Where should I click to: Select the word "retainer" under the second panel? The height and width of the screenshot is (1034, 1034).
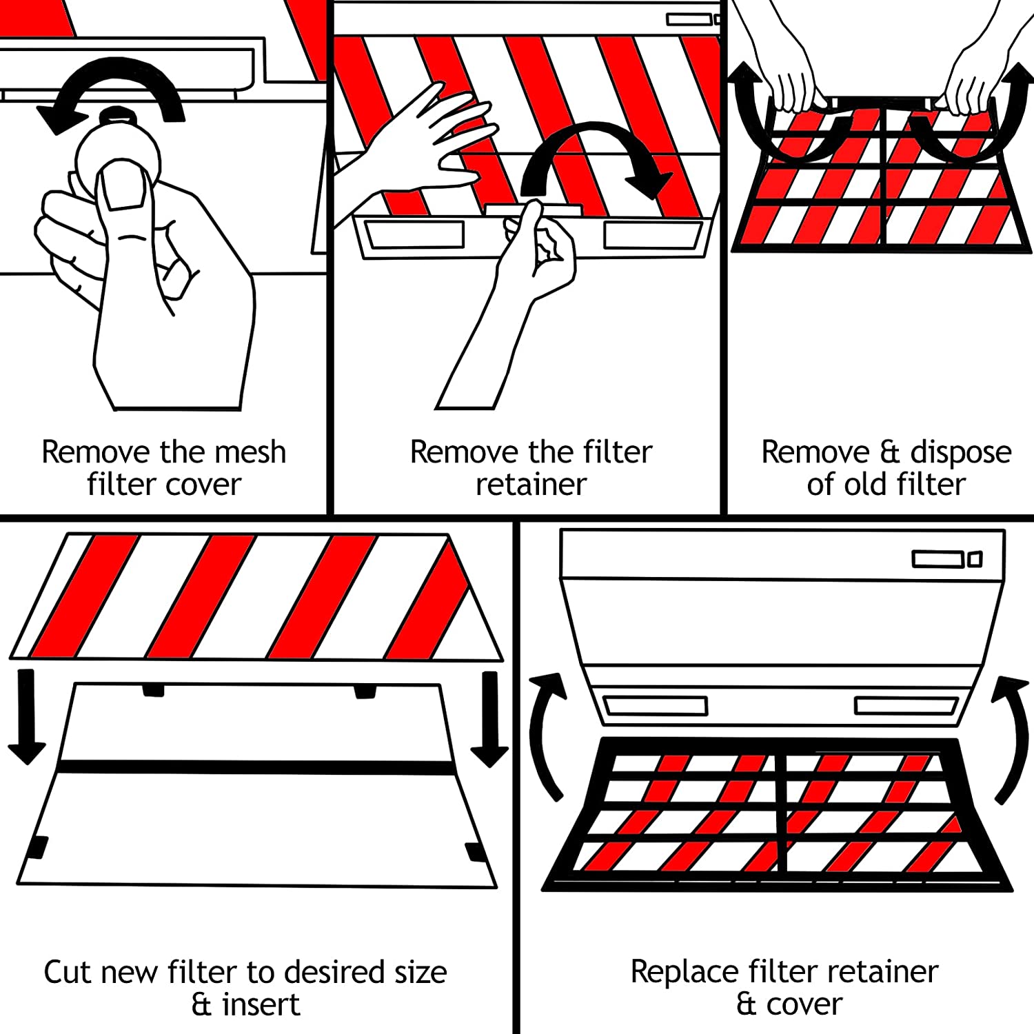coord(531,485)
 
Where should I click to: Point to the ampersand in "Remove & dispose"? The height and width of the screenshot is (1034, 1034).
coord(890,453)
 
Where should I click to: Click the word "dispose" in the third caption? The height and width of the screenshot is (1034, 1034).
coord(961,453)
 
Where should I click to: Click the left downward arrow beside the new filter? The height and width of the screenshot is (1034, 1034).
coord(26,717)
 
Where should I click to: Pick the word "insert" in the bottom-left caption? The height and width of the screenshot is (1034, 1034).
coord(261,1005)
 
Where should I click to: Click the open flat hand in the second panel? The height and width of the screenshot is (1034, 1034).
coord(427,138)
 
